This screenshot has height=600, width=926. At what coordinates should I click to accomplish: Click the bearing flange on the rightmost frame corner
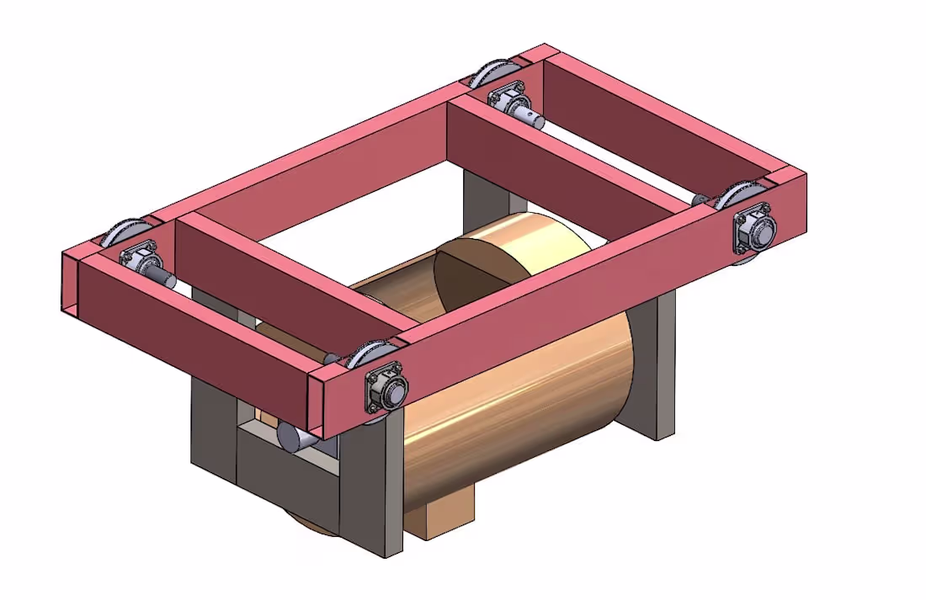point(755,229)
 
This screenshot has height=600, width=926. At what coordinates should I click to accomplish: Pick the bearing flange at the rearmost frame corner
point(508,98)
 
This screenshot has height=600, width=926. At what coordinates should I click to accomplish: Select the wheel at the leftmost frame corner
point(126,231)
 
